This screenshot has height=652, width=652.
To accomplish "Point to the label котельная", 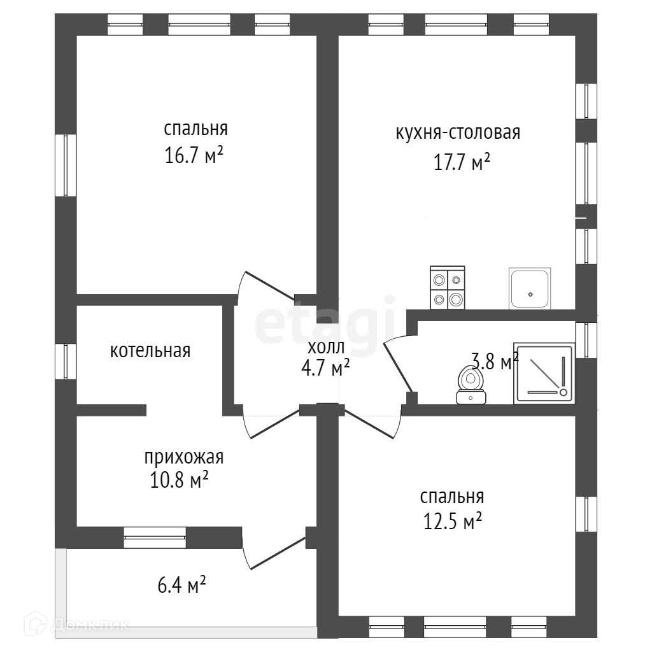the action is [150, 351].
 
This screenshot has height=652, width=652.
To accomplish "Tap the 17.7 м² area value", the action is [462, 162].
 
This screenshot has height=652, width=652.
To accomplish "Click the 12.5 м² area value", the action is [452, 522].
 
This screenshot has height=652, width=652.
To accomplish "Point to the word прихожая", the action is [184, 457].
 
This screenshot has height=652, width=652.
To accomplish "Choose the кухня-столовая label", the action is [458, 133].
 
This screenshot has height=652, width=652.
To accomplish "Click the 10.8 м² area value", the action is [180, 480].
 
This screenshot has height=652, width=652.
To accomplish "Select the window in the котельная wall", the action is [66, 361].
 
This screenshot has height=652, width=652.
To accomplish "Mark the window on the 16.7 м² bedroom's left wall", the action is [66, 165].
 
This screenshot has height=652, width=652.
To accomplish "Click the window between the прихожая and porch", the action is [155, 537].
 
